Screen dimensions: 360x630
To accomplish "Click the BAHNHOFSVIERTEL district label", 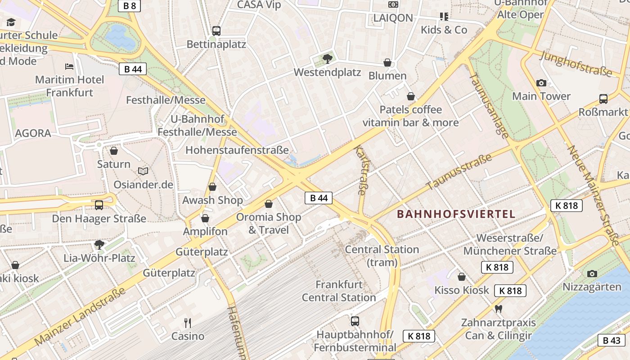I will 456,214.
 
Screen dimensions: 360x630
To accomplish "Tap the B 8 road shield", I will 130,5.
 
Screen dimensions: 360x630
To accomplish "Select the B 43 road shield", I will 612,340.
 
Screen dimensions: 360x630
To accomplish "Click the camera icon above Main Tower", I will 541,83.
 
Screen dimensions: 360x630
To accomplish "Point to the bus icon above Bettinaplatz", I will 216,31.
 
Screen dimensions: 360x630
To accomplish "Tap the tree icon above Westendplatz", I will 328,58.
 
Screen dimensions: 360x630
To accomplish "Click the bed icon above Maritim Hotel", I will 69,67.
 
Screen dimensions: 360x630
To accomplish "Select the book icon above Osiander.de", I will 143,171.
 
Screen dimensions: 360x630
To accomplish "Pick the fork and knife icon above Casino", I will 188,323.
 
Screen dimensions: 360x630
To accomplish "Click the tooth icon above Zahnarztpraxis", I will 498,309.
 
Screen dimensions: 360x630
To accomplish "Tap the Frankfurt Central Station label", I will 339,291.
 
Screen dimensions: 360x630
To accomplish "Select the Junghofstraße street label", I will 576,63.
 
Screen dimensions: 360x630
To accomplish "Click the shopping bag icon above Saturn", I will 114,151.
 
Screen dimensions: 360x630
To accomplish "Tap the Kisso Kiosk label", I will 461,290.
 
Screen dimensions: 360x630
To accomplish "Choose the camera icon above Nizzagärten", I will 592,274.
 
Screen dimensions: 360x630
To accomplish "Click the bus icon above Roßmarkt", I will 603,99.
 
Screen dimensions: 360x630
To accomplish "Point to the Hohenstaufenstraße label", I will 237,150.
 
